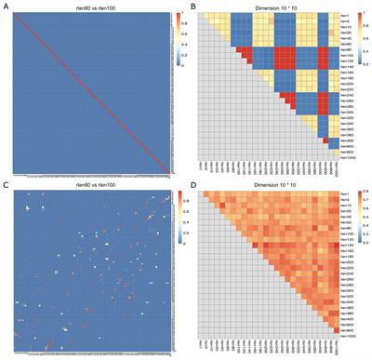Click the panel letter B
click(191, 6)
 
